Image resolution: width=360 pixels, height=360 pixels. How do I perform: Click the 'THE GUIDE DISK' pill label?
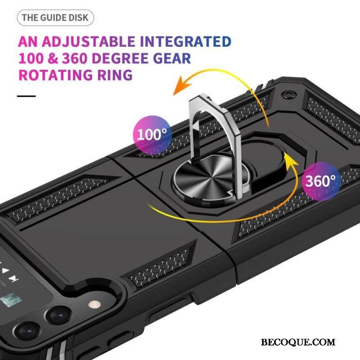click(55, 18)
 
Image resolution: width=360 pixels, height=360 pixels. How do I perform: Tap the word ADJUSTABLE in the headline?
click(88, 41)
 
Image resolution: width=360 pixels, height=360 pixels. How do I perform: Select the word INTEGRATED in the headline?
click(185, 41)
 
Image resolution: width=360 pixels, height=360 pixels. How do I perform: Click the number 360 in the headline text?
click(75, 58)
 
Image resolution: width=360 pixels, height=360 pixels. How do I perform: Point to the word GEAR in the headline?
click(172, 58)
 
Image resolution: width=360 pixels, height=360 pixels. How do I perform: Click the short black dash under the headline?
click(27, 96)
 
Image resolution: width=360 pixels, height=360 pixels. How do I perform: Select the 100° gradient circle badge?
click(153, 135)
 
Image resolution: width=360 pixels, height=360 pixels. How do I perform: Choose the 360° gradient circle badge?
click(321, 181)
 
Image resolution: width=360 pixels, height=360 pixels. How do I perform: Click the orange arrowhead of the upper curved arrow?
click(181, 85)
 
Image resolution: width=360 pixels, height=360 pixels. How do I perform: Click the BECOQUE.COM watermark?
click(298, 342)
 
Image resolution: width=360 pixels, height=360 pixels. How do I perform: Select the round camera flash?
click(94, 305)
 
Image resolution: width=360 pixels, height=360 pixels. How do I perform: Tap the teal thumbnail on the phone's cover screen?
click(11, 299)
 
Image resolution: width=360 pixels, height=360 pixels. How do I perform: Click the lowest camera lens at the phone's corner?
click(28, 332)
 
